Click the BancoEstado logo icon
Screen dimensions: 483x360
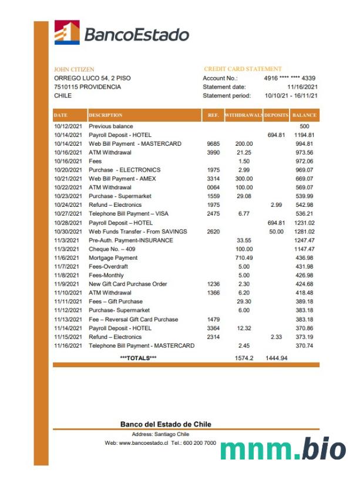(67, 33)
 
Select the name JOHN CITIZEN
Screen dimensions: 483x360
(74, 69)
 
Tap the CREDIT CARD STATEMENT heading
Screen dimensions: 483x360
(243, 69)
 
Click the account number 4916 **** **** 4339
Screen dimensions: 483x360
(290, 78)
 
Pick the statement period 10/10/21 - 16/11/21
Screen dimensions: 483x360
(291, 96)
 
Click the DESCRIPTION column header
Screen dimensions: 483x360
(106, 115)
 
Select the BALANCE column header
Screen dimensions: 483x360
(304, 115)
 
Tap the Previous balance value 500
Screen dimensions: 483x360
(304, 126)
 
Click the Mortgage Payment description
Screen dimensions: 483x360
(113, 258)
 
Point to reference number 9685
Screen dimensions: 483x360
(213, 144)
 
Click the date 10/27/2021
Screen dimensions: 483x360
(69, 214)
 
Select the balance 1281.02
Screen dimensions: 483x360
(304, 232)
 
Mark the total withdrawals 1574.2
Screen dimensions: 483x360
(243, 358)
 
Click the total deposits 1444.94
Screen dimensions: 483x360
(276, 358)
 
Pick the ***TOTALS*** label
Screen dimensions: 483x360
(138, 358)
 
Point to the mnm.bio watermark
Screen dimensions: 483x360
(282, 450)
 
